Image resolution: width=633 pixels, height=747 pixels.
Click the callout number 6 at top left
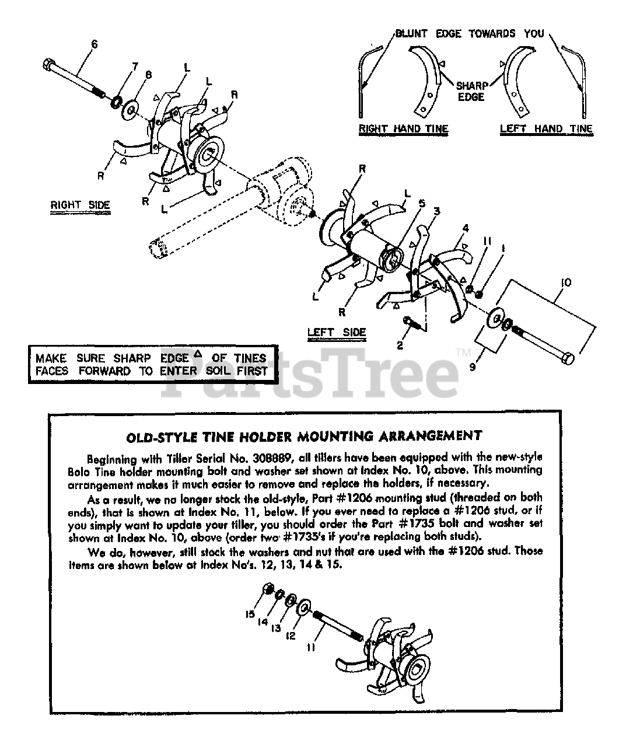(x=95, y=44)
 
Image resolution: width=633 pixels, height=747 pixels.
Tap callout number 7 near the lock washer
(x=135, y=67)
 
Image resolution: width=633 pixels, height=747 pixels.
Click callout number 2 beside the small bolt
(x=400, y=345)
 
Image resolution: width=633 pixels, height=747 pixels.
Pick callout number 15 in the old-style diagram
(x=250, y=614)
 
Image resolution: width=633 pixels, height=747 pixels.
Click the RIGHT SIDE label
(x=80, y=205)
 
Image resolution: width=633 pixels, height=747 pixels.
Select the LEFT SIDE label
(x=337, y=333)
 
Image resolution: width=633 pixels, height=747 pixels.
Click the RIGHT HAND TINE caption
(x=403, y=129)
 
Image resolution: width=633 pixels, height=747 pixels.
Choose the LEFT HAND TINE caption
(x=546, y=129)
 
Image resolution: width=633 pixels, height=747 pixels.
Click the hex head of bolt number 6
(x=49, y=62)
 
